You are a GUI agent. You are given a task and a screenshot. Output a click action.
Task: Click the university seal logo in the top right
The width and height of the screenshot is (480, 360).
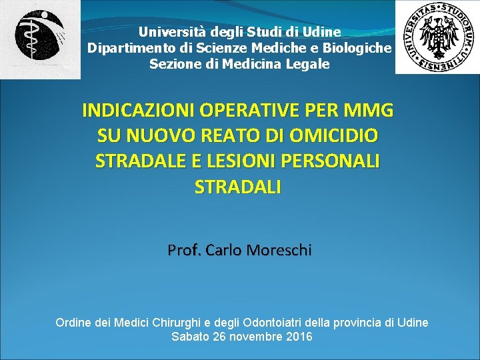click(x=437, y=37)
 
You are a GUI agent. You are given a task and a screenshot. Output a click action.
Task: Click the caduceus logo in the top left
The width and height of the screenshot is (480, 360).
click(x=40, y=39)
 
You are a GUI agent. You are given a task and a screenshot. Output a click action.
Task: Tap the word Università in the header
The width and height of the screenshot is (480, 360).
click(x=163, y=31)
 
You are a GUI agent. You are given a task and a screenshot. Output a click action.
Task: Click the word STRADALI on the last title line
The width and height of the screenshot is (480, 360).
click(x=238, y=187)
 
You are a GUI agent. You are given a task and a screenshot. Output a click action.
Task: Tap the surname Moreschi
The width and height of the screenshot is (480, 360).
click(x=278, y=251)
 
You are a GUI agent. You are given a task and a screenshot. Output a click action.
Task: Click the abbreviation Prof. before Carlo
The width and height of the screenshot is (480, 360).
click(x=184, y=251)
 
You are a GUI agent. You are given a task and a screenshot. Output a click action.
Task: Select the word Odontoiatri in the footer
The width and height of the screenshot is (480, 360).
click(x=298, y=323)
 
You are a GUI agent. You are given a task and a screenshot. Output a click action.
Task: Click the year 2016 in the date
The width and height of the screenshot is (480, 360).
click(x=298, y=337)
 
